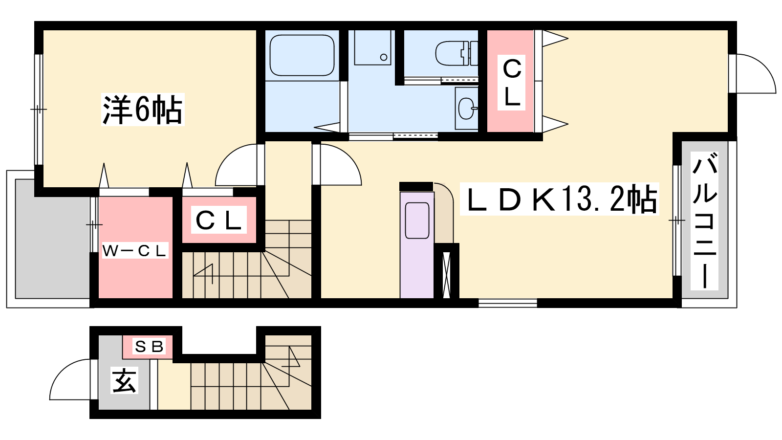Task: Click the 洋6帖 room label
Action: [142, 110]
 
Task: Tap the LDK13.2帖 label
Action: [559, 198]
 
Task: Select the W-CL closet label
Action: [135, 250]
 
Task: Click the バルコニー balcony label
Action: [704, 220]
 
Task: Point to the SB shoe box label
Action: [149, 347]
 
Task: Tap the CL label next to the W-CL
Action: [218, 220]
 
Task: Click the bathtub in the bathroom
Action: [302, 55]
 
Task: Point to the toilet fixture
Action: [456, 53]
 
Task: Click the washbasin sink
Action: [466, 108]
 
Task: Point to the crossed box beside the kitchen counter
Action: [447, 274]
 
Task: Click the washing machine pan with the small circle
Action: [372, 47]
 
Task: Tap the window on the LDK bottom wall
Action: [508, 303]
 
